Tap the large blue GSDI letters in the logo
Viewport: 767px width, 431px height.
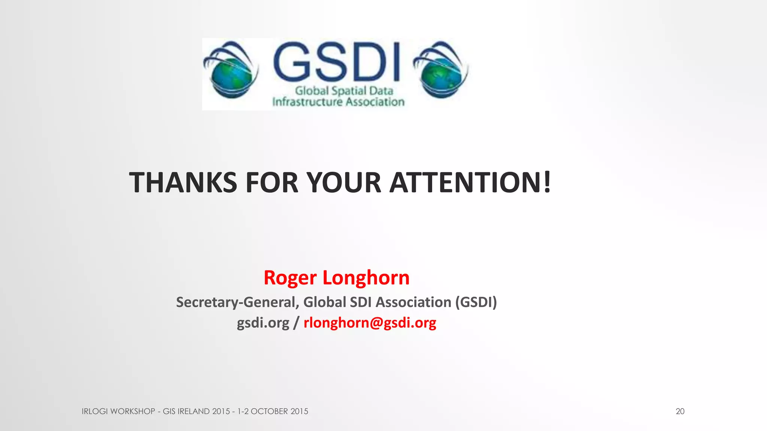pos(337,62)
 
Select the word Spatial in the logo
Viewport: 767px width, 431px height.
pos(349,91)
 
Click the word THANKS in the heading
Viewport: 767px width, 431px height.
pos(183,183)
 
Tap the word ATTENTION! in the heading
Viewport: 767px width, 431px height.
pos(470,183)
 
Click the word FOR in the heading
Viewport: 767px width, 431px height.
pos(272,183)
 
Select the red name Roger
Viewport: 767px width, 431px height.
pos(290,278)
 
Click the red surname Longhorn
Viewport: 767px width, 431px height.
pos(366,278)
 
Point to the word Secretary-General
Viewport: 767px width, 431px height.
pos(237,302)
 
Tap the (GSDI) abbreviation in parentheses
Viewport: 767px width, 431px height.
pos(476,302)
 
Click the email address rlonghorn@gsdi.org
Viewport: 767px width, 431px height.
pos(370,323)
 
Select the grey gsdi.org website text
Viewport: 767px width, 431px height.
pos(263,323)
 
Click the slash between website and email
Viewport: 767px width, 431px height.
pos(296,323)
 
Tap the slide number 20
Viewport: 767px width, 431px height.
pos(680,412)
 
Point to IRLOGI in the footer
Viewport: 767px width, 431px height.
pos(95,412)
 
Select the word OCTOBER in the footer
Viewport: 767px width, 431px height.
pos(269,412)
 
